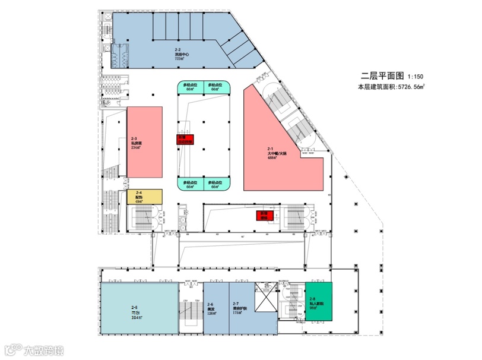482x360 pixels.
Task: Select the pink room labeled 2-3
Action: (144, 143)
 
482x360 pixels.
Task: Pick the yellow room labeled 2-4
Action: (144, 197)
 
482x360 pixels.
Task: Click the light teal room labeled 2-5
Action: (138, 310)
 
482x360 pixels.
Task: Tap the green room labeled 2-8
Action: (318, 302)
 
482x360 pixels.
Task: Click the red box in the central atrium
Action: (185, 140)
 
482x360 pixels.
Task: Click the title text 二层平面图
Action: (383, 76)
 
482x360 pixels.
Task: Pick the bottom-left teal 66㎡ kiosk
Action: (191, 184)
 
